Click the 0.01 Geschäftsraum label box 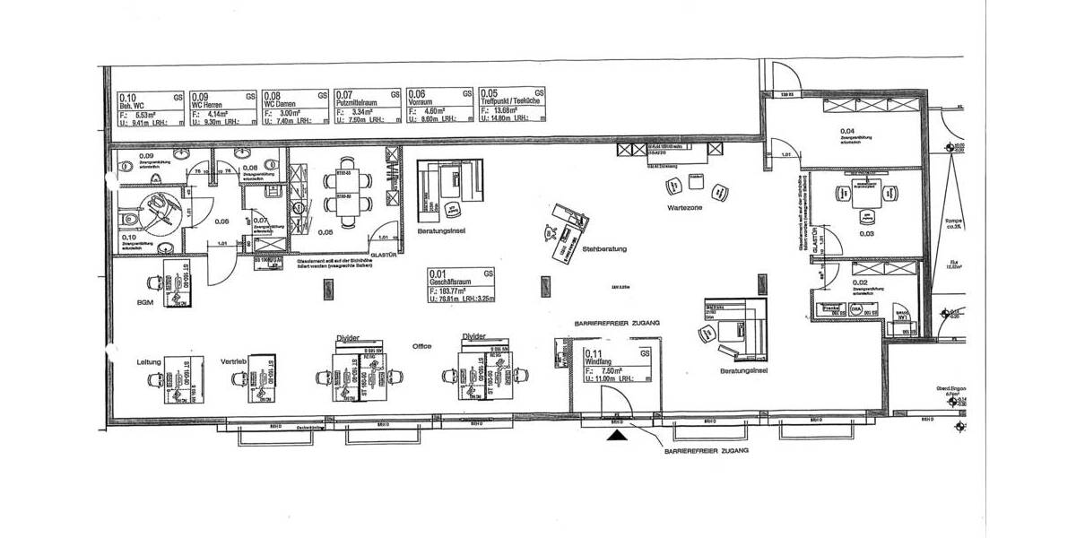point(460,288)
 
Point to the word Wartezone point(684,207)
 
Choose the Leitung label point(149,361)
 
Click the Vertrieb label point(233,361)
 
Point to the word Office point(421,345)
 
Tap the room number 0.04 point(846,132)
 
